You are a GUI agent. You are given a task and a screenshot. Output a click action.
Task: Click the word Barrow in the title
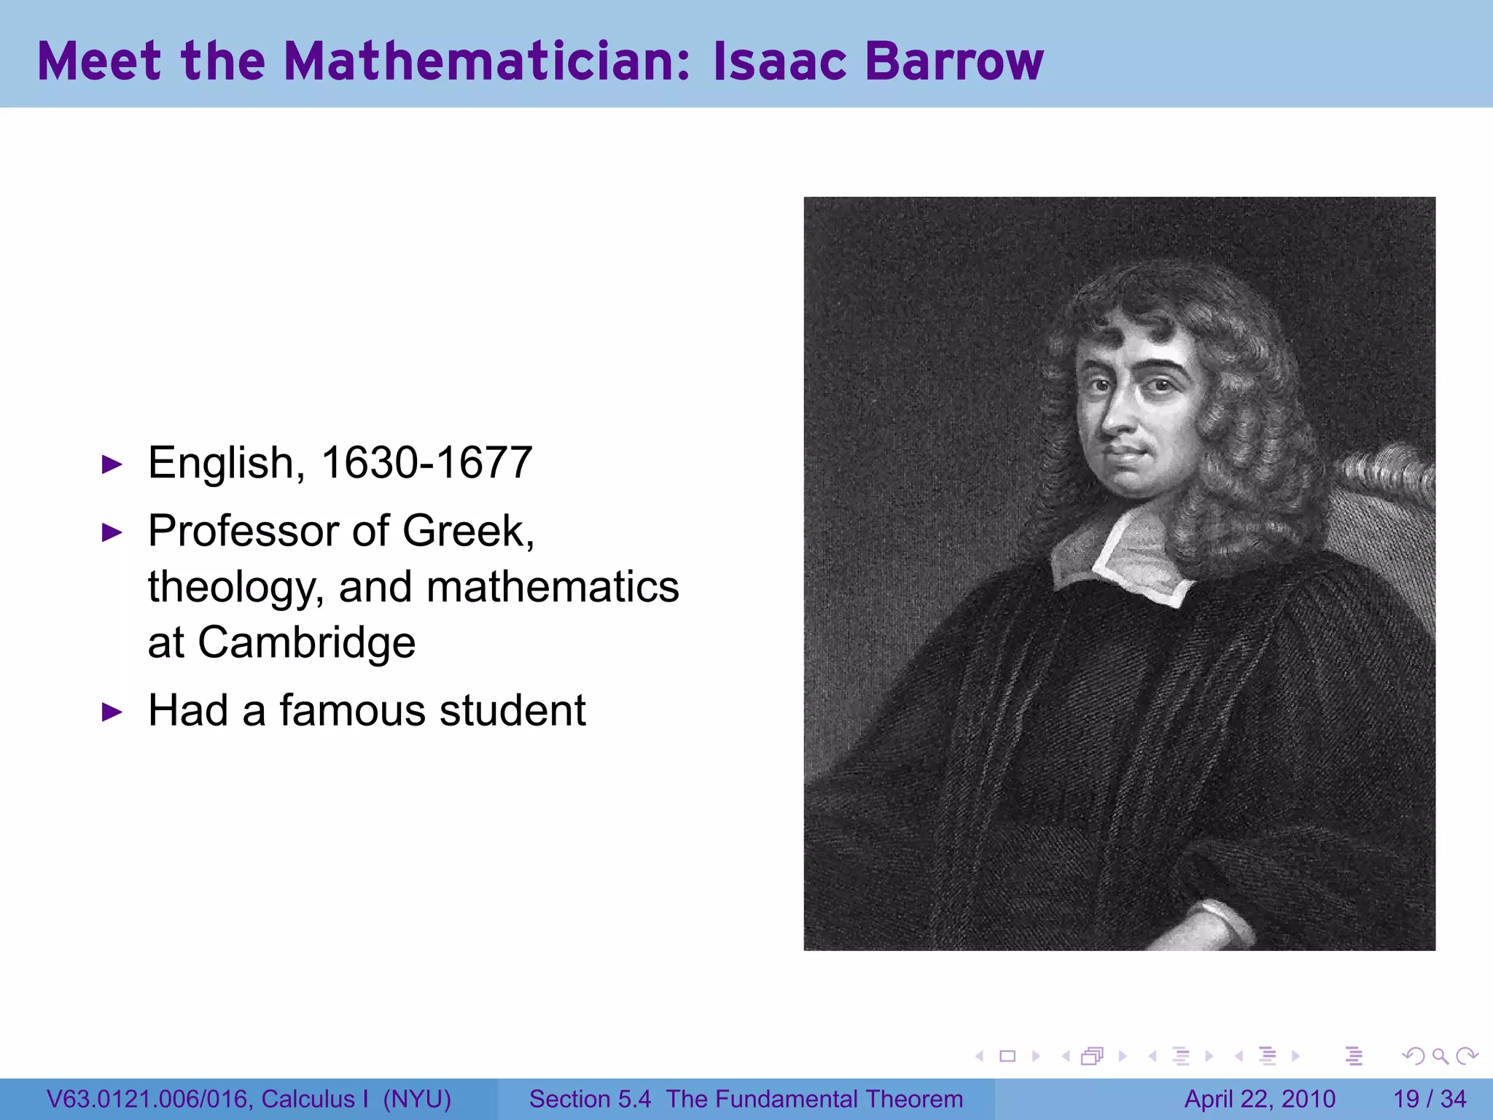pyautogui.click(x=954, y=61)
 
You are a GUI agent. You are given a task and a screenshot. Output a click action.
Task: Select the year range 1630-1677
pyautogui.click(x=426, y=462)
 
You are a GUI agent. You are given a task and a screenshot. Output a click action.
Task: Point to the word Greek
pyautogui.click(x=467, y=530)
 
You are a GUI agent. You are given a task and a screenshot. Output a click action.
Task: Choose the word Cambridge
pyautogui.click(x=306, y=642)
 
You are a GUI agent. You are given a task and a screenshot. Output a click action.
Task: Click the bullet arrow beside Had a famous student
pyautogui.click(x=112, y=712)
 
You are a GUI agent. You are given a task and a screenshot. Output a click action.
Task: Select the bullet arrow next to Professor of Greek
pyautogui.click(x=112, y=532)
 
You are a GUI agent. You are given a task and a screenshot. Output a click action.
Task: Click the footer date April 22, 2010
pyautogui.click(x=1260, y=1099)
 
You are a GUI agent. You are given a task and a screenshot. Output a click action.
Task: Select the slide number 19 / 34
pyautogui.click(x=1430, y=1099)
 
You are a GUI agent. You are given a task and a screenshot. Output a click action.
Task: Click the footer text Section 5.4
pyautogui.click(x=590, y=1099)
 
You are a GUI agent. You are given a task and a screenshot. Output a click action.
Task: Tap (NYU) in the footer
pyautogui.click(x=417, y=1099)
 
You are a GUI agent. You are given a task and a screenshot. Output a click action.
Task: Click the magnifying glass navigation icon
pyautogui.click(x=1440, y=1056)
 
